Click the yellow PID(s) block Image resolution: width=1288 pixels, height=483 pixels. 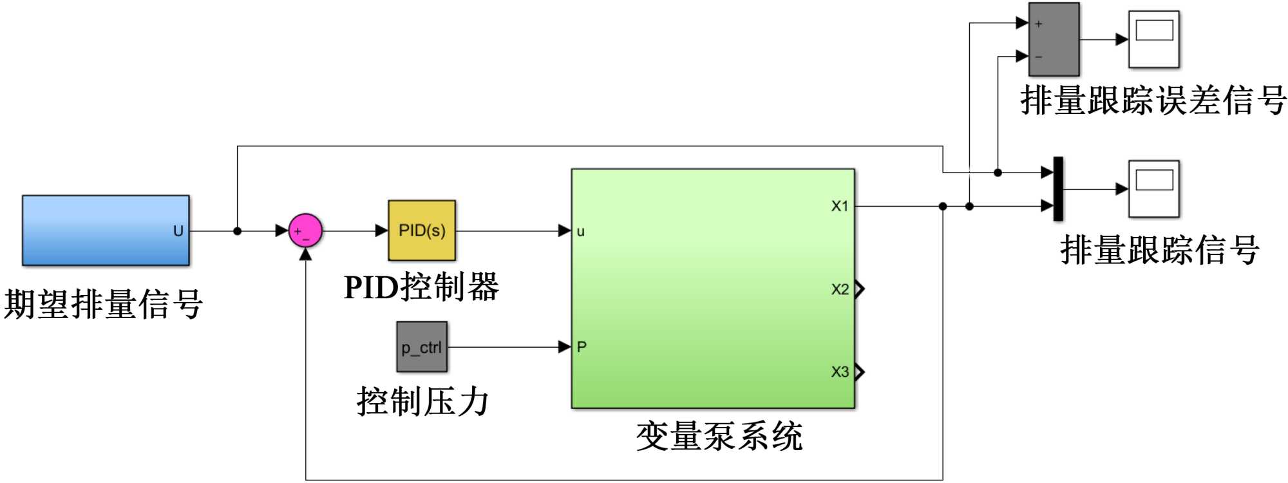point(422,231)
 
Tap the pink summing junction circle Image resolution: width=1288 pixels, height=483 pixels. point(305,231)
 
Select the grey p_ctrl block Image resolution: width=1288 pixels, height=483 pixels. point(422,347)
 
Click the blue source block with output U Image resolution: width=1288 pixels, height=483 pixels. point(106,231)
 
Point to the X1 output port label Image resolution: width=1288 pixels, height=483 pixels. point(839,206)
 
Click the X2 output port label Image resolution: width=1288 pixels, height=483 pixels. point(839,289)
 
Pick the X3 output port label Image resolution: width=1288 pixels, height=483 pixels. point(839,372)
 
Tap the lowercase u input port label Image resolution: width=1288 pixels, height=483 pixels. point(580,231)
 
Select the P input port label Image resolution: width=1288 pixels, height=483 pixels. point(582,347)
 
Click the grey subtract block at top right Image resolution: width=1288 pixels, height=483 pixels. point(1054,39)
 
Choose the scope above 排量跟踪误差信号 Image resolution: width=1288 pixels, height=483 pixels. point(1154,39)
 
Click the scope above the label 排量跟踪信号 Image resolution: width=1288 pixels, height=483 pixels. point(1154,189)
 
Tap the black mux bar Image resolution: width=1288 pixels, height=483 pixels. point(1057,189)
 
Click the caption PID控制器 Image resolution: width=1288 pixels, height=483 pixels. point(422,287)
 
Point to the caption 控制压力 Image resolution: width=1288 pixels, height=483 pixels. point(423,402)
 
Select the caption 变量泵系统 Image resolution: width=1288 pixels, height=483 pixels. point(719,437)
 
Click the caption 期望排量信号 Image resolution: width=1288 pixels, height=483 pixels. point(104,304)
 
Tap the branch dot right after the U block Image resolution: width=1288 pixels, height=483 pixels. point(237,231)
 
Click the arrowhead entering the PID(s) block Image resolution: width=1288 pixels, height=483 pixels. point(381,231)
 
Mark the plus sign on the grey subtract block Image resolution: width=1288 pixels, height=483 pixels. point(1039,24)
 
